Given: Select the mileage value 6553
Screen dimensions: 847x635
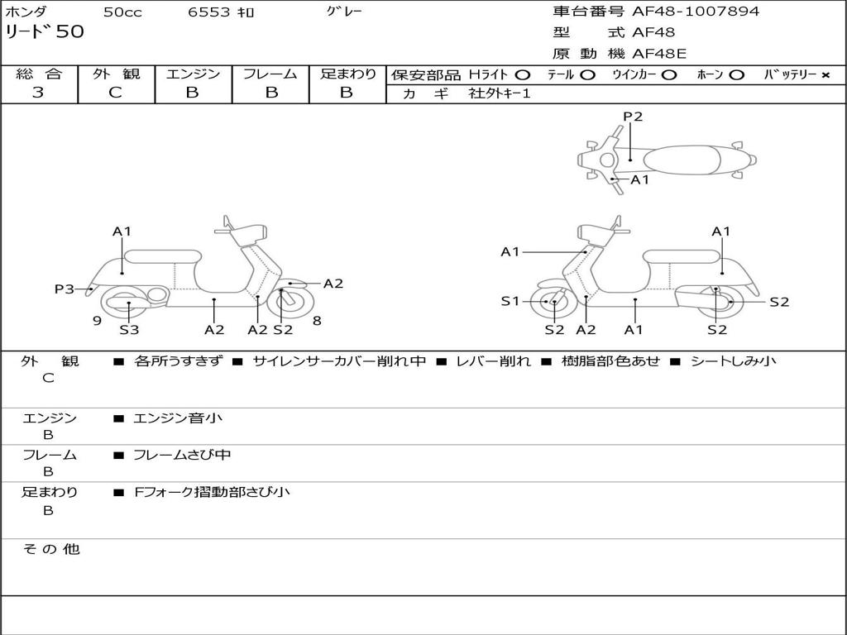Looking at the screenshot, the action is click(x=211, y=12).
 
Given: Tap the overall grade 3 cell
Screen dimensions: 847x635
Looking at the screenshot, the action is click(x=38, y=93).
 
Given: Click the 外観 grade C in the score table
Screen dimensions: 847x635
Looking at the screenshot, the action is click(x=116, y=93).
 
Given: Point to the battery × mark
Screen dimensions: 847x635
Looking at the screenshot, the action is click(x=825, y=74).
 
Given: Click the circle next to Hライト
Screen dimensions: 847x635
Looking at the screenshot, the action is click(x=523, y=74).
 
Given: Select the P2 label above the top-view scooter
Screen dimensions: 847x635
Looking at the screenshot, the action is click(x=633, y=117).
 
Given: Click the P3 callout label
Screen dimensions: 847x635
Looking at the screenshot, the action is click(x=65, y=289).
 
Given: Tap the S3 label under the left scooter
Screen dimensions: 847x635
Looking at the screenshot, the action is click(x=129, y=330).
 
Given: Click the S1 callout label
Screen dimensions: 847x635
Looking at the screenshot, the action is click(x=510, y=302).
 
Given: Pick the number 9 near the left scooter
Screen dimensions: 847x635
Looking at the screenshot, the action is click(x=97, y=321).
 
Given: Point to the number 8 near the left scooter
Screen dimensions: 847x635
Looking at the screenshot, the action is click(x=317, y=321).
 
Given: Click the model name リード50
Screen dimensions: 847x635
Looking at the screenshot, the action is click(x=45, y=33).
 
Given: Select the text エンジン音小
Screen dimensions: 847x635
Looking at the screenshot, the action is click(x=178, y=418).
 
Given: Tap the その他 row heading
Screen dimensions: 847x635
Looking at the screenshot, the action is click(x=51, y=549).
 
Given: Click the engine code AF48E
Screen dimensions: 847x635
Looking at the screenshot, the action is click(x=659, y=54).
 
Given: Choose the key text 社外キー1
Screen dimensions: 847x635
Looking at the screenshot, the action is click(x=500, y=93).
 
